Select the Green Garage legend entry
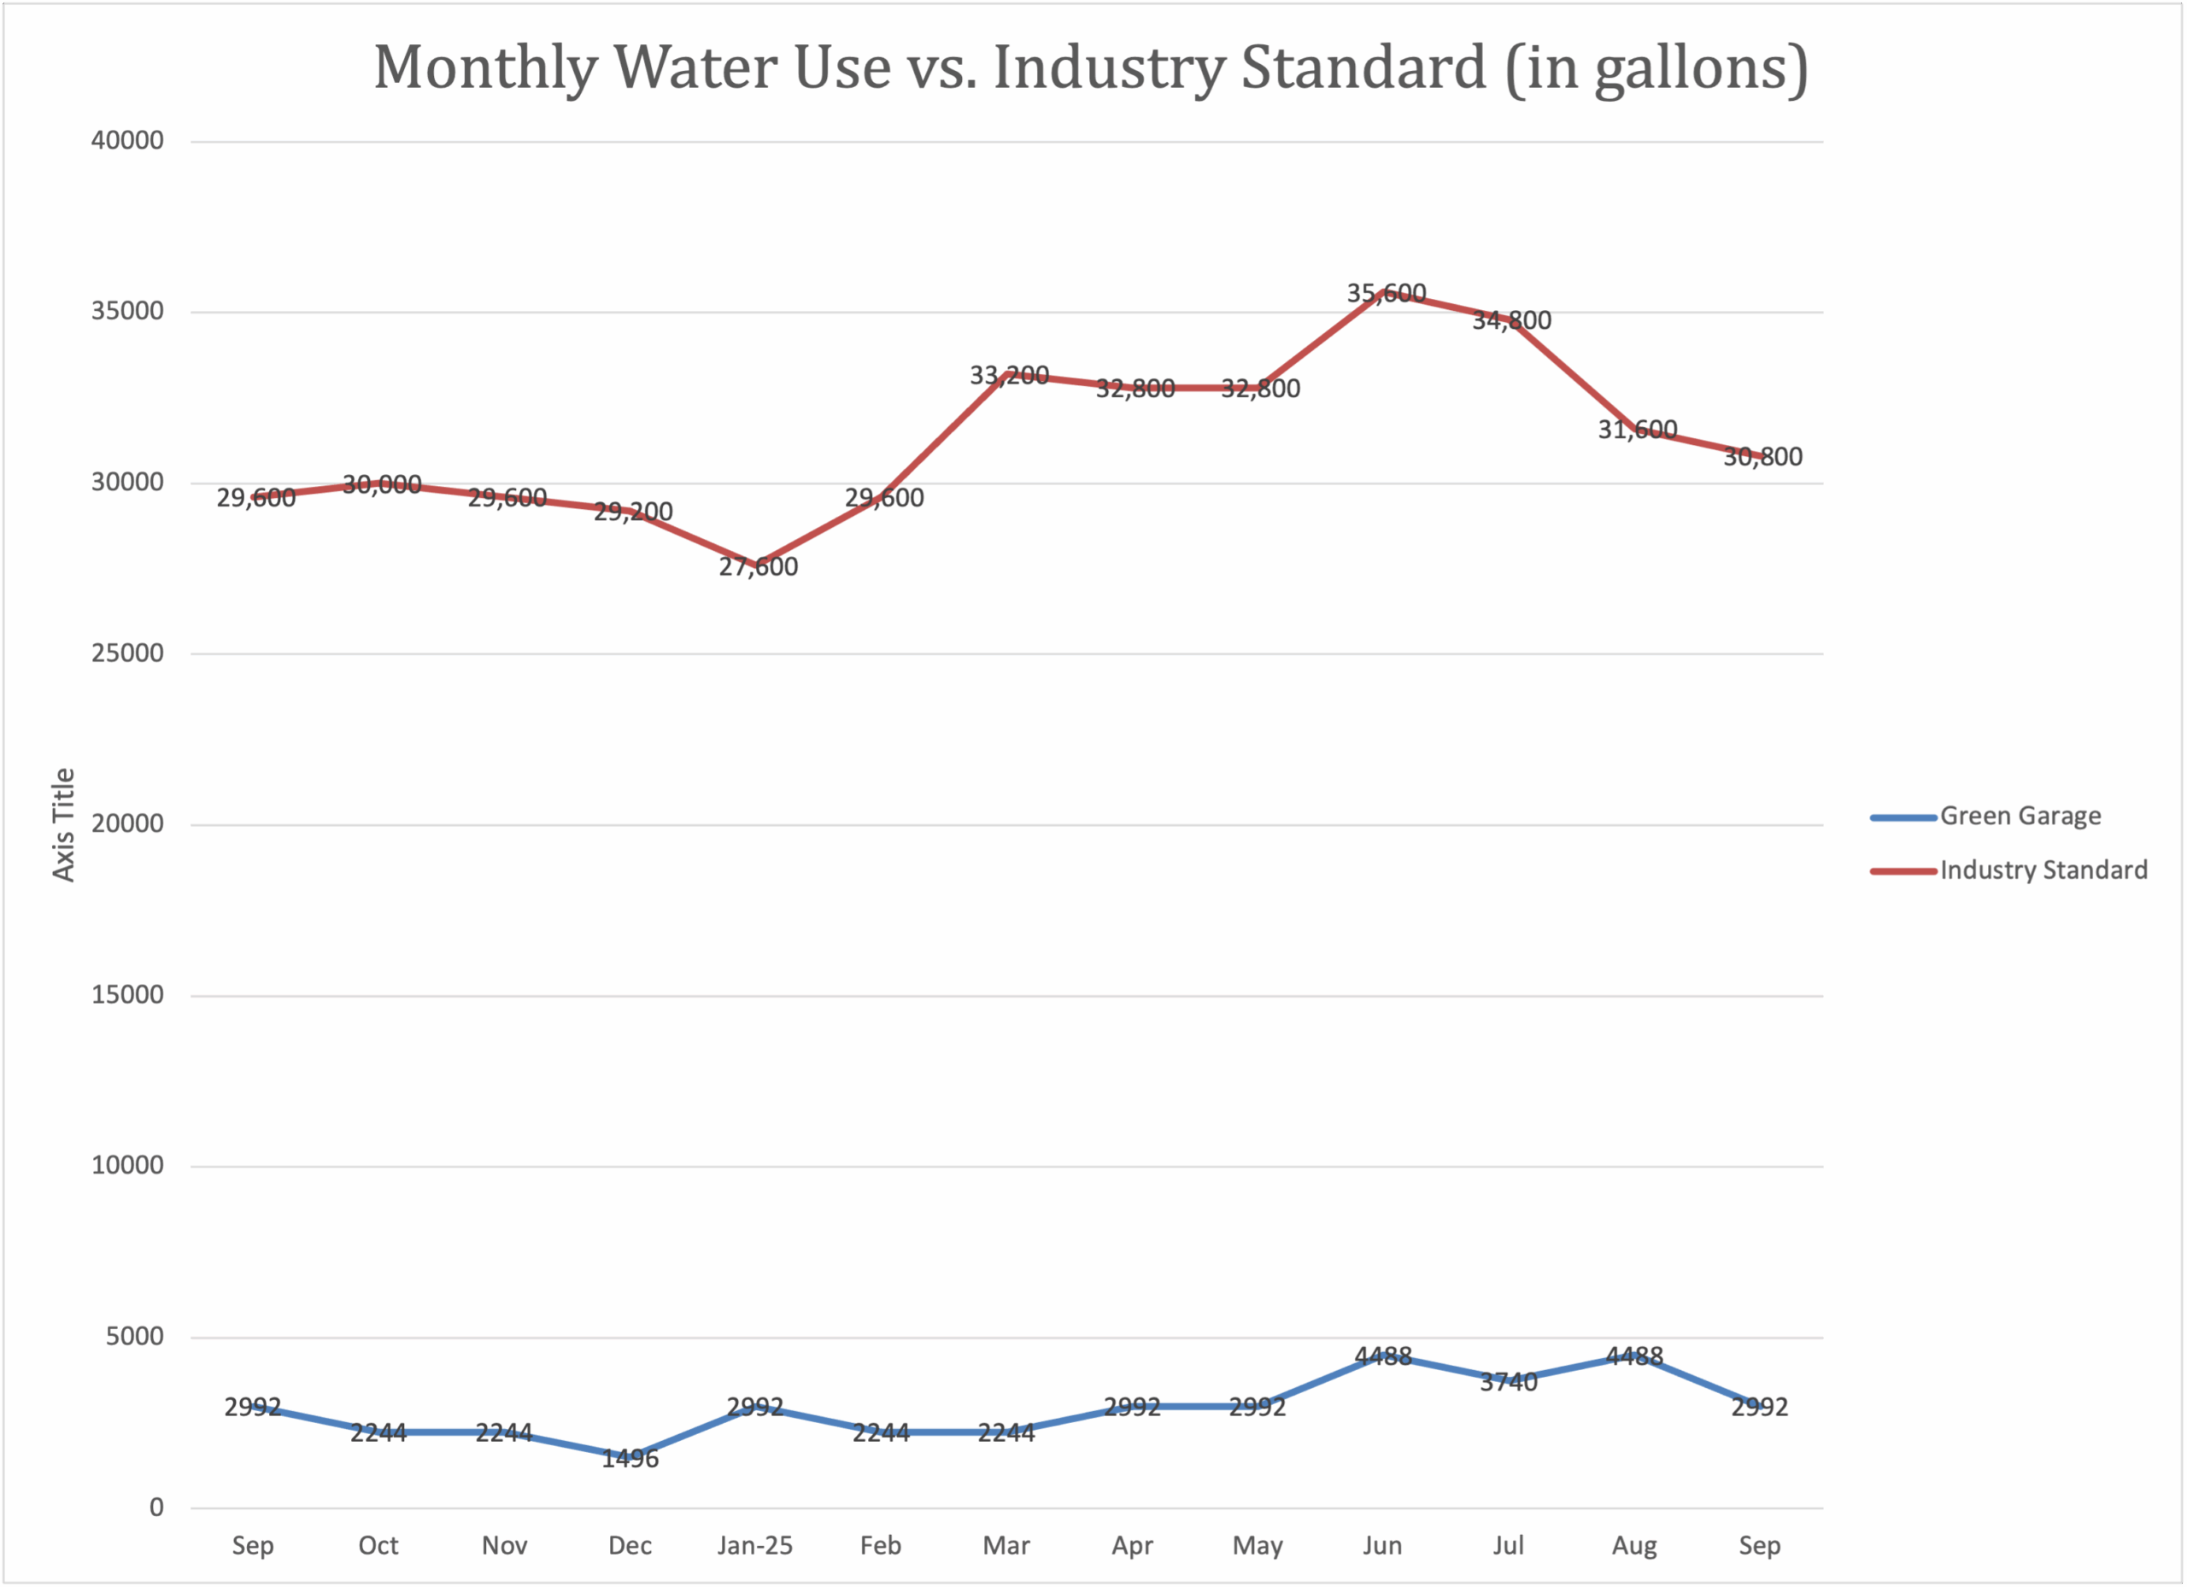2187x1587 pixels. [2020, 816]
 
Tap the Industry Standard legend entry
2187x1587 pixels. [2043, 870]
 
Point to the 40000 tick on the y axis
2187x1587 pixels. [127, 141]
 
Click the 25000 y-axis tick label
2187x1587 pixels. [127, 653]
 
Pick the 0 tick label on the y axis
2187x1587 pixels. [156, 1507]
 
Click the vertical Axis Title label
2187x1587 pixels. [63, 824]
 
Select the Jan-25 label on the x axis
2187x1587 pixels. [755, 1545]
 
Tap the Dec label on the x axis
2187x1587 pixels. [630, 1545]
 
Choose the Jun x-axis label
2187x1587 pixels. [1381, 1545]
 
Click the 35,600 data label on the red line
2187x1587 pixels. [1386, 293]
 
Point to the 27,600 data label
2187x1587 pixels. [758, 567]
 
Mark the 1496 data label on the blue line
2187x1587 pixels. [630, 1459]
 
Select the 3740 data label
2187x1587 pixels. [1508, 1383]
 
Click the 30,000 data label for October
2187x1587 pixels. [382, 484]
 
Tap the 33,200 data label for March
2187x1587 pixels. [1009, 375]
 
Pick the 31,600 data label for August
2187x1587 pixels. [1638, 429]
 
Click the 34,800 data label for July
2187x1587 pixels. [1511, 320]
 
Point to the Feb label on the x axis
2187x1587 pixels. [881, 1545]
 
